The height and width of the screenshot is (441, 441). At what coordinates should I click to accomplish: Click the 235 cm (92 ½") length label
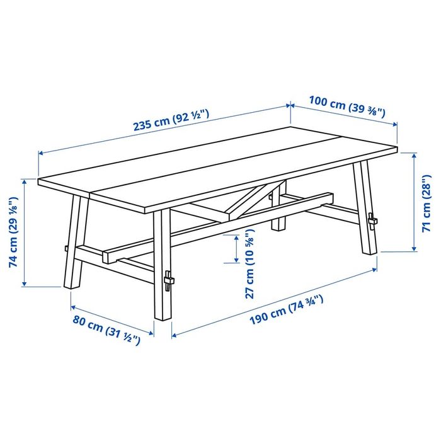click(x=170, y=120)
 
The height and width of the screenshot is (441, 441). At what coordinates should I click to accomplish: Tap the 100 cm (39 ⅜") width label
click(x=346, y=105)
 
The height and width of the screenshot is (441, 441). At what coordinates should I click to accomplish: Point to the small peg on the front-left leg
click(x=65, y=248)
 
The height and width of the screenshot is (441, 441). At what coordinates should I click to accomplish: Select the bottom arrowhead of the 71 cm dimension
click(x=414, y=247)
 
